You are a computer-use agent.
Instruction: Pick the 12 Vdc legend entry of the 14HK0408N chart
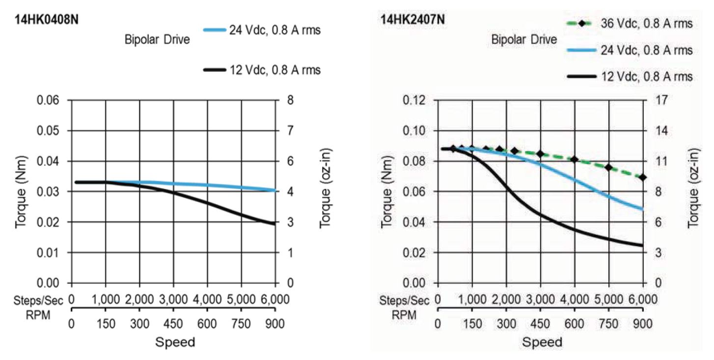coord(275,70)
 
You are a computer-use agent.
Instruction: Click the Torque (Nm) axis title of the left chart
coord(21,192)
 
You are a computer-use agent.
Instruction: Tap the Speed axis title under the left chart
coord(175,342)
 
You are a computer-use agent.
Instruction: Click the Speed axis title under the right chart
coord(542,342)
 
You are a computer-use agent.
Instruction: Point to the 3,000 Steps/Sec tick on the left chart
coord(173,300)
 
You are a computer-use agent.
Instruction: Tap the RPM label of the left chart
coord(38,314)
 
